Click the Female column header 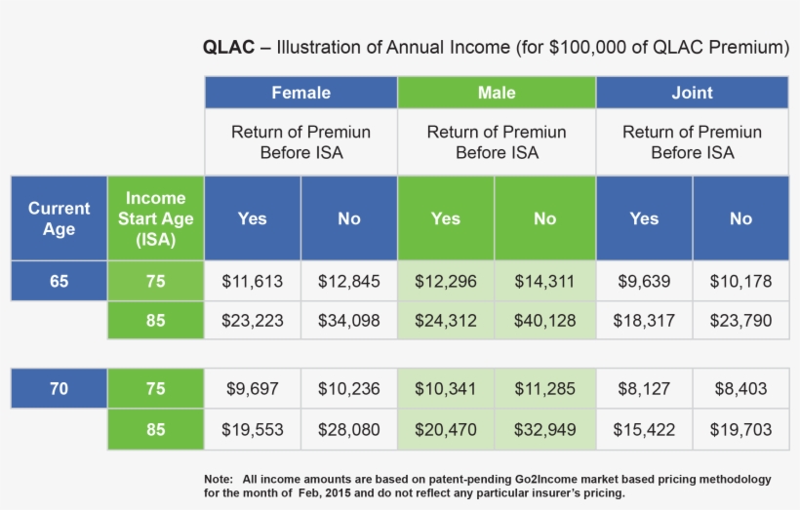tap(300, 93)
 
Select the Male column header tap(497, 93)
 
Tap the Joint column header tap(692, 93)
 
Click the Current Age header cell tap(59, 218)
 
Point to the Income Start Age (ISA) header tap(155, 218)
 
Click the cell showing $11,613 tap(252, 282)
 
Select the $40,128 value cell tap(544, 321)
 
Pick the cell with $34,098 tap(349, 321)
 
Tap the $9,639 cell tap(644, 282)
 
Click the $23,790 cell tap(740, 321)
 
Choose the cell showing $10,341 tap(446, 389)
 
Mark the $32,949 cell tap(544, 429)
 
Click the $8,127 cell tap(644, 389)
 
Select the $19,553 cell tap(252, 429)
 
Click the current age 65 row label tap(59, 282)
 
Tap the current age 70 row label tap(59, 389)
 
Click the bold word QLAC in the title tap(228, 47)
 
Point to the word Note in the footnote tap(218, 480)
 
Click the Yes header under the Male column tap(446, 218)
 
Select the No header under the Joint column tap(740, 218)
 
